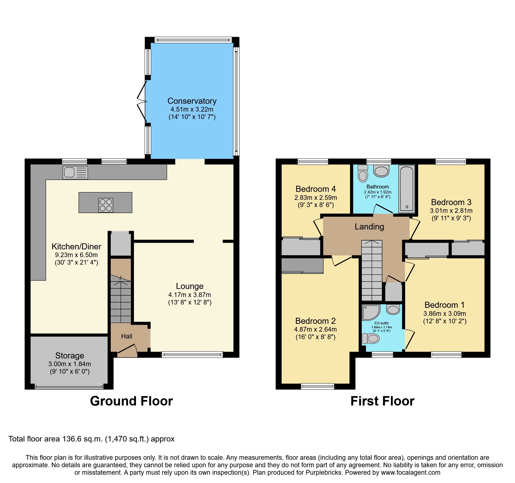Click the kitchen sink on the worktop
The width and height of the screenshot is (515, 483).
[x=75, y=172]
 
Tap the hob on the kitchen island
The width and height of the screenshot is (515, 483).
[x=106, y=205]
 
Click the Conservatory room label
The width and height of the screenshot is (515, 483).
[x=192, y=101]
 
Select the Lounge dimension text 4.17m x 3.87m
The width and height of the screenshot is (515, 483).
[x=190, y=295]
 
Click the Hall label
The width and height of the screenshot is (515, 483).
[x=127, y=336]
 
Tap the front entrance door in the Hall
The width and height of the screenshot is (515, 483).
[x=127, y=349]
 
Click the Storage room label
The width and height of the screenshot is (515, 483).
[x=69, y=355]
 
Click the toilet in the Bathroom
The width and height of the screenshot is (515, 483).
[x=363, y=174]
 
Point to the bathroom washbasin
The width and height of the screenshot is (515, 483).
[x=381, y=171]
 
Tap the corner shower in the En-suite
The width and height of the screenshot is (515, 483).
[x=370, y=312]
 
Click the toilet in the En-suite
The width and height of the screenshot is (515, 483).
[x=371, y=338]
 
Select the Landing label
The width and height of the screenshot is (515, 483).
[x=369, y=227]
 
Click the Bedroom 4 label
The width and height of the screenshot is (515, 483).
[x=316, y=189]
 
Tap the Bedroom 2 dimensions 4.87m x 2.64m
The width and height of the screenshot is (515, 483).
[x=315, y=329]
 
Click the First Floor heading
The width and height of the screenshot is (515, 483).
[x=382, y=401]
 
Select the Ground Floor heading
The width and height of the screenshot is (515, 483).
[x=131, y=401]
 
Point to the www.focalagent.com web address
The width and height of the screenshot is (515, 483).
[x=411, y=472]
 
